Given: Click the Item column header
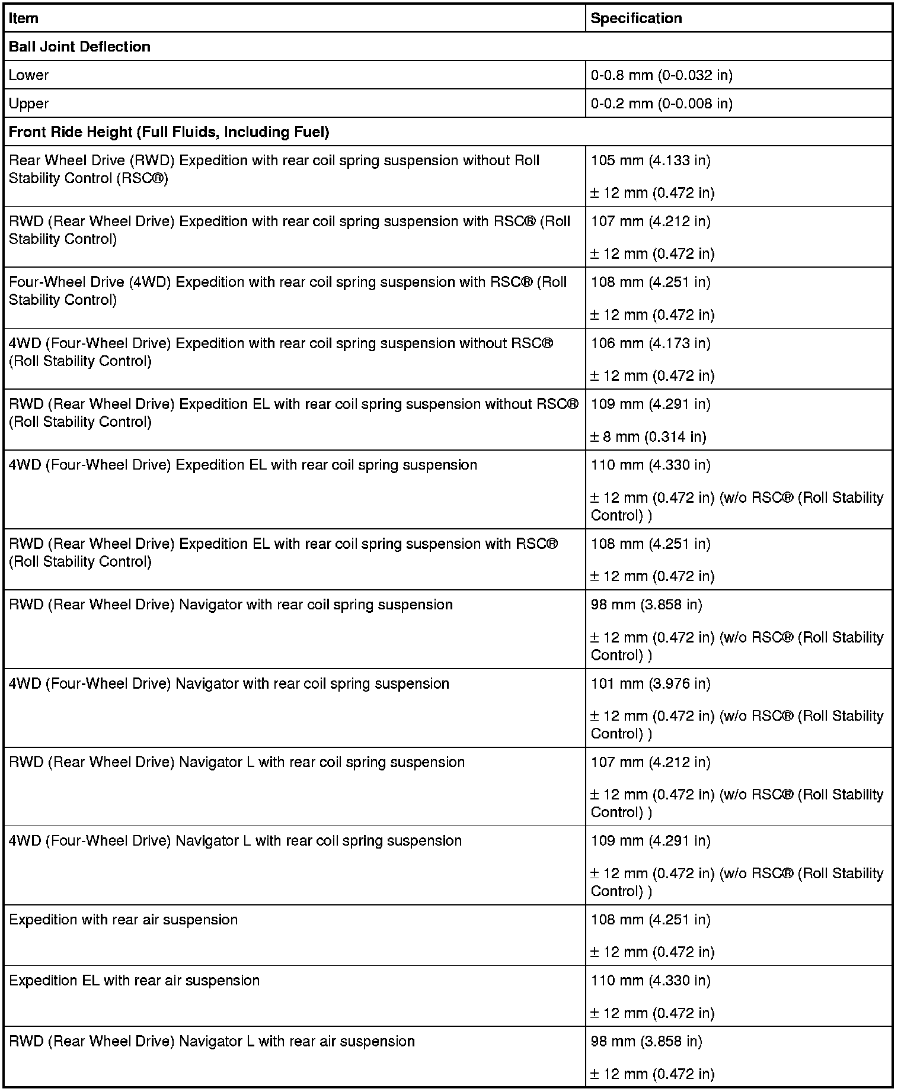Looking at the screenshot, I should [24, 18].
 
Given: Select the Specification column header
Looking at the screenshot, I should [636, 18].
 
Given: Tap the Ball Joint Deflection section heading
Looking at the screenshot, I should [79, 47].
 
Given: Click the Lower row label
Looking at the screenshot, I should [28, 75].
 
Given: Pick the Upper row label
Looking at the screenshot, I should [28, 104].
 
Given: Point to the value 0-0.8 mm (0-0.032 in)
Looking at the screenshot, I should [662, 75].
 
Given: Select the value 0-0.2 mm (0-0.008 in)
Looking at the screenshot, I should [662, 104].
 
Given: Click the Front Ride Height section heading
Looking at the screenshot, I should [169, 132].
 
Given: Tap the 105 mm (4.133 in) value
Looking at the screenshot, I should [650, 160].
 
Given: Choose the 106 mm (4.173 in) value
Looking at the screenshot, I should [650, 343].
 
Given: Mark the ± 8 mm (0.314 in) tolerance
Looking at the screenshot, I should [648, 437].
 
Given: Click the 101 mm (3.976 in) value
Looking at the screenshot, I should [650, 684].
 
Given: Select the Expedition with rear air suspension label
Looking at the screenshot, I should [123, 920].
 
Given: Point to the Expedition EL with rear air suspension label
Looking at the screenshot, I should [135, 981].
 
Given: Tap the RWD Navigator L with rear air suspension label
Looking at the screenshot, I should [212, 1042].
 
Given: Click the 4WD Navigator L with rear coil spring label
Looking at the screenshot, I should [235, 841].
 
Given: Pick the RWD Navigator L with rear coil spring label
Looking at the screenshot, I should [237, 762].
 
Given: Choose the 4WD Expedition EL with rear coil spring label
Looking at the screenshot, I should [243, 465].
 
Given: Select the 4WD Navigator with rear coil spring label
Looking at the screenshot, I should [229, 684].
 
